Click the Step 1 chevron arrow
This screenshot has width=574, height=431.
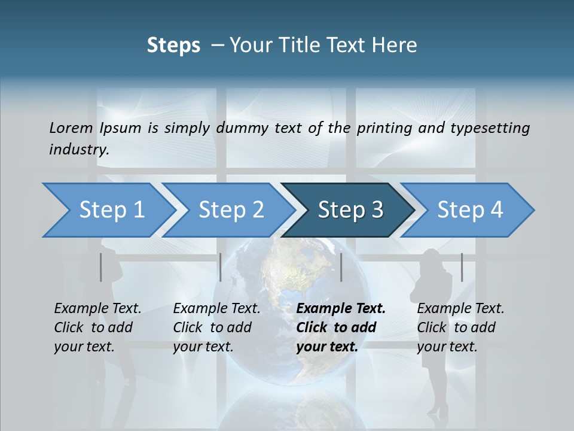click(x=108, y=210)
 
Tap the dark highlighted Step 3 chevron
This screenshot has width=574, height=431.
click(x=349, y=210)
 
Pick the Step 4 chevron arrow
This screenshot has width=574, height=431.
click(x=468, y=210)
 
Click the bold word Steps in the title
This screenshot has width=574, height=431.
click(x=173, y=45)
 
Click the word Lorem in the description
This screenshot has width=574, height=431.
click(x=71, y=128)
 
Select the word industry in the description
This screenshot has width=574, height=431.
click(x=79, y=150)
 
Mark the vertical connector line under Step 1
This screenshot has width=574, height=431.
click(x=100, y=267)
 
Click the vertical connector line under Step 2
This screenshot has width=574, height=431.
click(x=221, y=267)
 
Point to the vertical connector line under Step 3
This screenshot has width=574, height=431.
click(x=341, y=267)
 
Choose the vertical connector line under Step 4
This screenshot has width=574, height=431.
click(x=462, y=267)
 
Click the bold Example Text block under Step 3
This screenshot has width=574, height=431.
click(x=341, y=327)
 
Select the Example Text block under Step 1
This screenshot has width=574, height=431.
click(x=97, y=327)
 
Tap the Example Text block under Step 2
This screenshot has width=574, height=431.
click(x=216, y=327)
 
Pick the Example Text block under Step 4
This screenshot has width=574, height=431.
click(x=460, y=327)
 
